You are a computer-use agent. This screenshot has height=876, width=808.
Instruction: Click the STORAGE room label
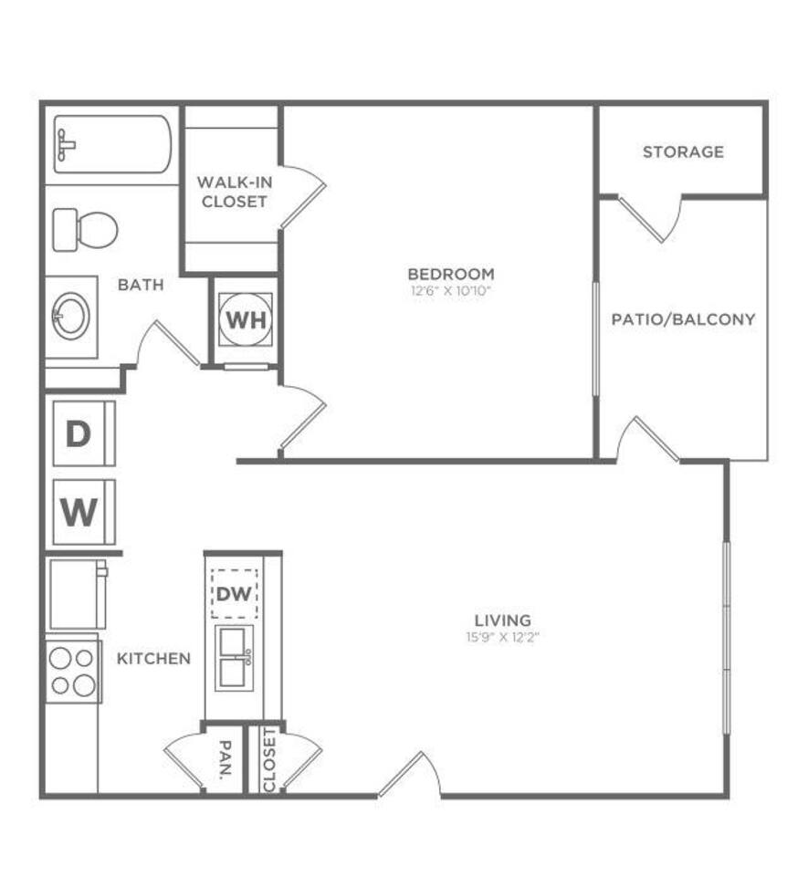[682, 151]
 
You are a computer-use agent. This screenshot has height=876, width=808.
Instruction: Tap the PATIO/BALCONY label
[683, 319]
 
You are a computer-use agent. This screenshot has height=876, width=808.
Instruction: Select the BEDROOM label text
[451, 274]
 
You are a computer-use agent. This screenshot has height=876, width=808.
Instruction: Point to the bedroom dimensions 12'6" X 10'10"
[451, 291]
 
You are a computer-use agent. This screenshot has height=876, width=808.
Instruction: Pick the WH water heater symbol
[246, 320]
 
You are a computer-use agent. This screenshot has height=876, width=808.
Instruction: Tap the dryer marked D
[80, 434]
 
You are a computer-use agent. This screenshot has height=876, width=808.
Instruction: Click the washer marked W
[80, 512]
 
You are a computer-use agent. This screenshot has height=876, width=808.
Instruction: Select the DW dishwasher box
[234, 594]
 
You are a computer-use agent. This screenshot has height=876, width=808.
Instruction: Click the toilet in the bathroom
[84, 230]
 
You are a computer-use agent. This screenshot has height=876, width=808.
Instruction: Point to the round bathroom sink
[71, 317]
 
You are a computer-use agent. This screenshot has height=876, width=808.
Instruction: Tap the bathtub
[112, 144]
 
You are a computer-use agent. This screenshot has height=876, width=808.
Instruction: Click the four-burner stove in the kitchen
[72, 671]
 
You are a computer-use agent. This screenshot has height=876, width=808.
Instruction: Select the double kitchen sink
[236, 656]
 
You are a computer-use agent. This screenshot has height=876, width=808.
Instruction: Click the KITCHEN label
[153, 658]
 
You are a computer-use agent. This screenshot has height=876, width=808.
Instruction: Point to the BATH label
[141, 285]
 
